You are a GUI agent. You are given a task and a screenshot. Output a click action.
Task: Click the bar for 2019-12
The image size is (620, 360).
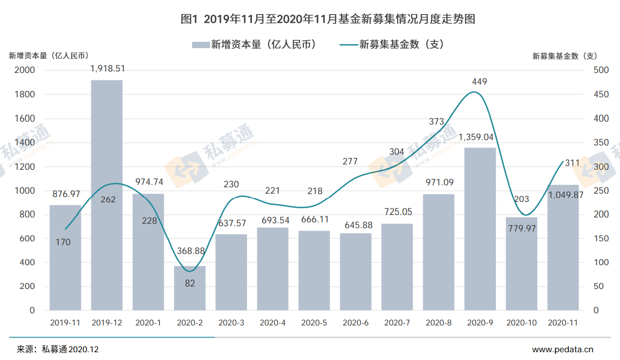click(x=107, y=195)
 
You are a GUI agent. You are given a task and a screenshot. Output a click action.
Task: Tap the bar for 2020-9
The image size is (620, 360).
click(x=480, y=229)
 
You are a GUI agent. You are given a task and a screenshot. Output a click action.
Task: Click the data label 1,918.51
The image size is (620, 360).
click(x=107, y=69)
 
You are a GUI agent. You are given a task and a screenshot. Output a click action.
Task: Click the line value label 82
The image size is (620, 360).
click(x=190, y=283)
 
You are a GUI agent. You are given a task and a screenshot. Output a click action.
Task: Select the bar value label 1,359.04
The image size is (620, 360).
click(x=480, y=137)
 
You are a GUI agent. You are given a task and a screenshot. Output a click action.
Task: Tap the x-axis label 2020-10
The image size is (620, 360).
click(x=521, y=323)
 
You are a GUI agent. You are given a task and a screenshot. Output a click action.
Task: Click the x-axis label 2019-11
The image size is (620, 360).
click(x=65, y=323)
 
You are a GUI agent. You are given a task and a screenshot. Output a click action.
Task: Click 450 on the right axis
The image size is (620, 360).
click(x=601, y=94)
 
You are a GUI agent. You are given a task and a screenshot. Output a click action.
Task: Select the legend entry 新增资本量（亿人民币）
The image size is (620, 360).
click(x=255, y=45)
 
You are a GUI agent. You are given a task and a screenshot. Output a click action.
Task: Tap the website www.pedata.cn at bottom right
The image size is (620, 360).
click(x=563, y=349)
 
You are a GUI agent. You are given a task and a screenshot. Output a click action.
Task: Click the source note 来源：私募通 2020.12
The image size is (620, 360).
click(x=58, y=349)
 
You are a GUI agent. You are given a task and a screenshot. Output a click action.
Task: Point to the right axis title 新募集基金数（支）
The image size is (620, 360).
click(x=565, y=56)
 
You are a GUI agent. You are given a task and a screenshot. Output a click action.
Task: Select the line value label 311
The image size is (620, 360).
click(x=572, y=163)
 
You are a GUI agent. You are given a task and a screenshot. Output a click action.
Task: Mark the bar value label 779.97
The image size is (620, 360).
click(x=521, y=228)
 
